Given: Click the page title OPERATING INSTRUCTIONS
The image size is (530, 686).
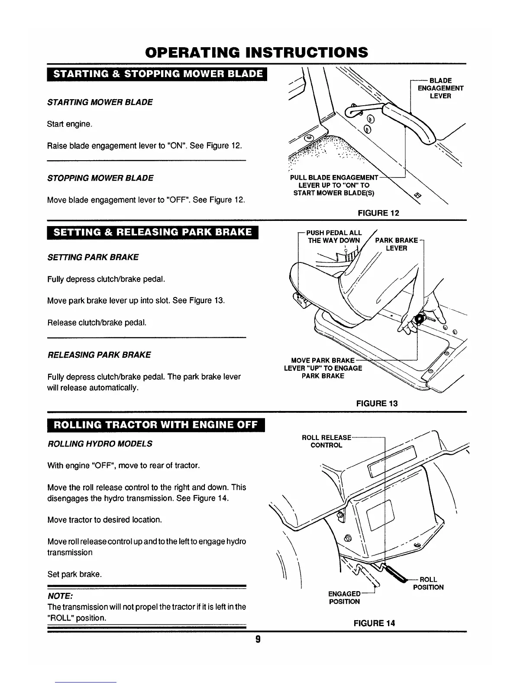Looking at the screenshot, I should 257,52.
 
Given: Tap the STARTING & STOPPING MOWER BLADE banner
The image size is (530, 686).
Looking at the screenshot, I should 158,74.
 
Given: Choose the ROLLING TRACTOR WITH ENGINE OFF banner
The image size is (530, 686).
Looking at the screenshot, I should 155,424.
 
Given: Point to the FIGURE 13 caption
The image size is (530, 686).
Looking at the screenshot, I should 376,403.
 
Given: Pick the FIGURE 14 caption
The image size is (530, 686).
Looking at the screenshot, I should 374,623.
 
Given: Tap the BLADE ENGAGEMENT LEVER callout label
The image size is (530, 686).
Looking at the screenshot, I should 440,88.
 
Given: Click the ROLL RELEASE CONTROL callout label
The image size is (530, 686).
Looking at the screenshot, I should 326,441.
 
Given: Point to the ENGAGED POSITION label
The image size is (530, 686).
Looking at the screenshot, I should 344,597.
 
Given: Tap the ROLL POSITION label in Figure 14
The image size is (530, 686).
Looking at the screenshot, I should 428,583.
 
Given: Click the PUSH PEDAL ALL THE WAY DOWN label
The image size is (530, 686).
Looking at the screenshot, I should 334,236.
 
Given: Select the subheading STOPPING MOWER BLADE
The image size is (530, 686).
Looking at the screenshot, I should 100,178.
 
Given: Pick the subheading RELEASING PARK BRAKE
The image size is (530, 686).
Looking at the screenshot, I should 99,355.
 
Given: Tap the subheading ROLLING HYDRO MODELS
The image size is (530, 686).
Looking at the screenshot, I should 100,444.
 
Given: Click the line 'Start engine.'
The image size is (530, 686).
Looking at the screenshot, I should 69,124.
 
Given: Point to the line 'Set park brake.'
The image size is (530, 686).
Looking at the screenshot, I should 74,575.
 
